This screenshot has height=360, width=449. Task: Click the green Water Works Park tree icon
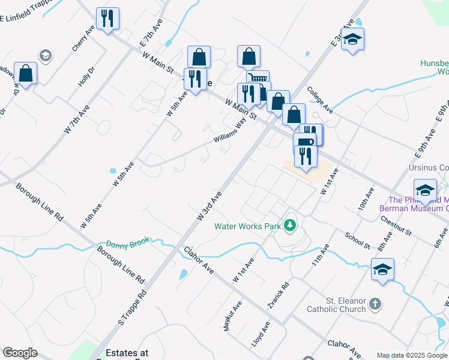click(x=291, y=226)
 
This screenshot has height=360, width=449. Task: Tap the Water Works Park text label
click(x=248, y=227)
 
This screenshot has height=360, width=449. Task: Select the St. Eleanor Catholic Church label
click(x=336, y=305)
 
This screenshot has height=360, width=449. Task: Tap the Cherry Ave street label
click(x=83, y=38)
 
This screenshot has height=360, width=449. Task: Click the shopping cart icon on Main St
click(x=258, y=79)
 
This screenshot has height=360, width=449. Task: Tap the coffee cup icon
click(x=304, y=142)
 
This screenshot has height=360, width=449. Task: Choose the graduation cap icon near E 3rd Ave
click(x=353, y=39)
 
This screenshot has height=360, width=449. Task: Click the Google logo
click(x=20, y=353)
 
